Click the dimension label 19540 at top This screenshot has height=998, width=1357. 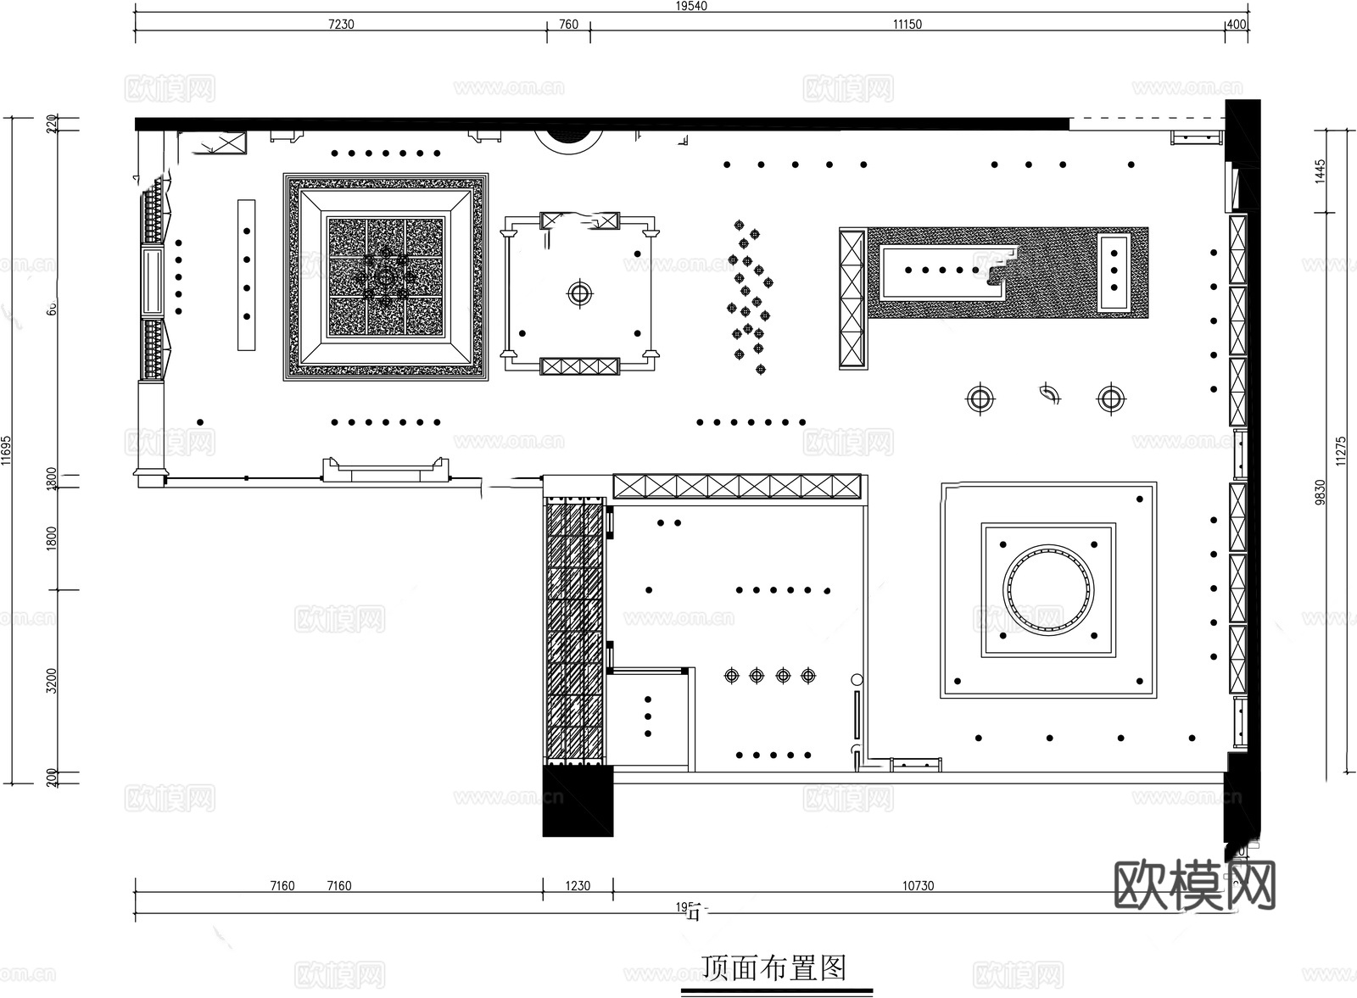[x=691, y=6]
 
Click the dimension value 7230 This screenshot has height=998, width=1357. [x=340, y=24]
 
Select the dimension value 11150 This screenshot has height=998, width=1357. [x=907, y=24]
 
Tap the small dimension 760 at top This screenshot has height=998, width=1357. [x=568, y=24]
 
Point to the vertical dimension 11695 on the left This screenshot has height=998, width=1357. [x=6, y=451]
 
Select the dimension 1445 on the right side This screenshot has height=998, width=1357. [x=1320, y=170]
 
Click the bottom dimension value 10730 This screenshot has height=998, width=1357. [x=918, y=885]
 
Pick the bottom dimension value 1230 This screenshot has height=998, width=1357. [x=578, y=885]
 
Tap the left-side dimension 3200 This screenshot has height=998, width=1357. [x=52, y=681]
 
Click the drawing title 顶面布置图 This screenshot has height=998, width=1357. [x=775, y=967]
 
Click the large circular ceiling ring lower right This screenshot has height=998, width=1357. [x=1048, y=589]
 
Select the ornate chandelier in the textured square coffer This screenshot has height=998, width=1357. [x=386, y=277]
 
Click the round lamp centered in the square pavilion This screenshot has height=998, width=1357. [x=579, y=293]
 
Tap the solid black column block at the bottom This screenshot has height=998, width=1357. [x=578, y=800]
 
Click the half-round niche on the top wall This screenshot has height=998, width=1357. [x=568, y=138]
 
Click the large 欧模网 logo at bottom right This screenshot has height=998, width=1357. [x=1194, y=886]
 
